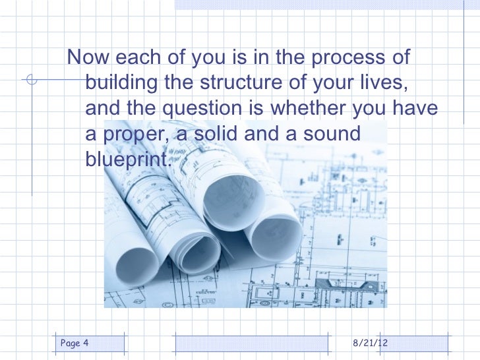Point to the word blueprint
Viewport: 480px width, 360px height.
127,159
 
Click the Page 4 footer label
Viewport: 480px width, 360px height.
75,343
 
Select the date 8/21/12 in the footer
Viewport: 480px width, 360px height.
371,344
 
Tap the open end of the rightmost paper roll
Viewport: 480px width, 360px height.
276,237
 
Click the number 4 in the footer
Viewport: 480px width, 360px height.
86,343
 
